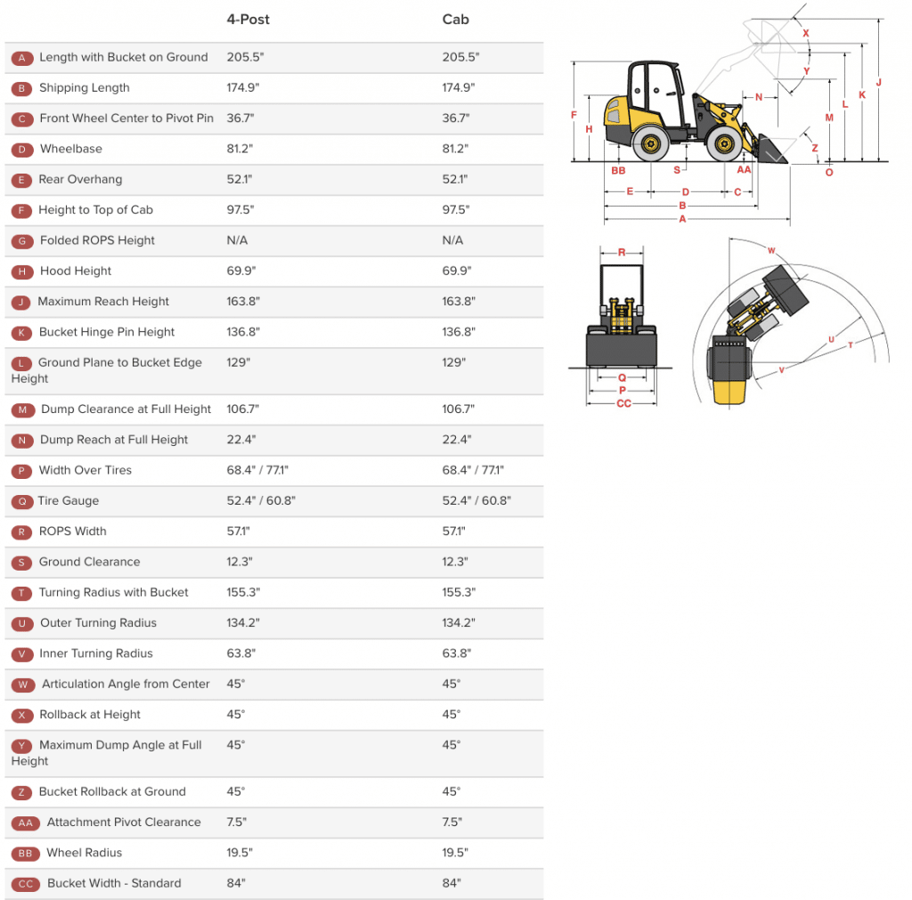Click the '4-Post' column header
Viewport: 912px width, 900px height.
tap(248, 20)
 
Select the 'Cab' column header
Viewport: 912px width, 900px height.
tap(455, 20)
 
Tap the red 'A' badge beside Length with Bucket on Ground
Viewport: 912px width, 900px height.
tap(22, 58)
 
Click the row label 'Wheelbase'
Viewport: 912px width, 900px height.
tap(70, 149)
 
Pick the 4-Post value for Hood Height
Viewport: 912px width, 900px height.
tap(240, 271)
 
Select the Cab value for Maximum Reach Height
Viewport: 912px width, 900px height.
tap(460, 301)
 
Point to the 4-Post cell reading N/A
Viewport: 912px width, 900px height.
tap(237, 240)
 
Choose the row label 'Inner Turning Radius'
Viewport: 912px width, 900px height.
tap(95, 653)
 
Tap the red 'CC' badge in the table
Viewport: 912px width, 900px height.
tap(26, 884)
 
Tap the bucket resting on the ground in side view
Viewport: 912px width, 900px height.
tap(771, 150)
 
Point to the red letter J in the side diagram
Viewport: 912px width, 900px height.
tap(878, 83)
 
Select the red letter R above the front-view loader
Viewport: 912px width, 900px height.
tap(622, 252)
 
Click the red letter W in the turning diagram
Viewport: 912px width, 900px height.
tap(771, 250)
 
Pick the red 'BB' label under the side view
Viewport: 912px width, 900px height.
tap(618, 169)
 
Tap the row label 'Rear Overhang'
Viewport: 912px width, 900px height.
tap(80, 179)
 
